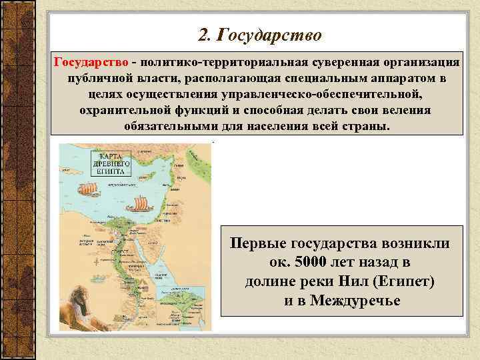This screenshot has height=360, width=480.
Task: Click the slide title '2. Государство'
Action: point(260,33)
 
